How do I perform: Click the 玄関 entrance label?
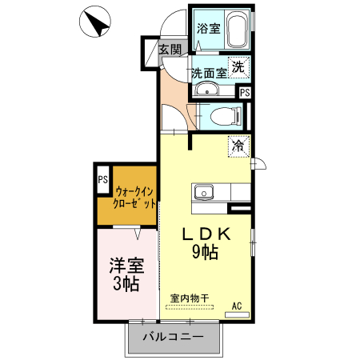pos(169,49)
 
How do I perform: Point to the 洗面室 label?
pos(208,72)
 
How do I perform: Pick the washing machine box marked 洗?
pos(238,68)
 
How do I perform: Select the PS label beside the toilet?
pos(245,92)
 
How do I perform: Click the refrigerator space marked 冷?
pos(238,146)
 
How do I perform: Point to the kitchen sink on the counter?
pos(202,192)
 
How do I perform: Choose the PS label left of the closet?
pos(102,180)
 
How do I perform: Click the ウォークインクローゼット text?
pos(135,197)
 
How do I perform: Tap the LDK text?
pos(206,234)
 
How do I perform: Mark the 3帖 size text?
pos(126,284)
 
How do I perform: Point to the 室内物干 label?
pos(190,298)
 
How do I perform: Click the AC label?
pos(238,306)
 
